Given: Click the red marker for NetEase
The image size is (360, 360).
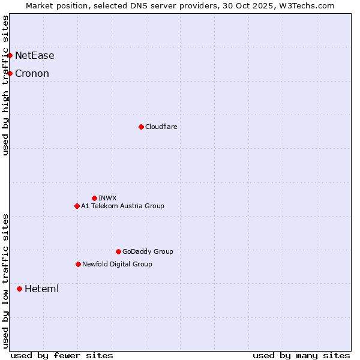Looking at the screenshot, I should [x=10, y=56].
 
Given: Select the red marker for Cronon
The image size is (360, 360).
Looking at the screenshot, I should [x=10, y=74].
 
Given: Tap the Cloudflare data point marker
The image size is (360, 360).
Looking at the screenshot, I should [x=141, y=127].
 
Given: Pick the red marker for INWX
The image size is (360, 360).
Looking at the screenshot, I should [x=94, y=198].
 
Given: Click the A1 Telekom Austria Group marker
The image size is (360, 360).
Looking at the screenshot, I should [x=77, y=206].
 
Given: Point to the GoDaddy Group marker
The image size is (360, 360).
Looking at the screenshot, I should [x=118, y=251].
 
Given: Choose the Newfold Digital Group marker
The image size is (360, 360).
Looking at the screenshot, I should [x=78, y=264].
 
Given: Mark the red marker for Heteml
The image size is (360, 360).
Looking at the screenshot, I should [x=20, y=289].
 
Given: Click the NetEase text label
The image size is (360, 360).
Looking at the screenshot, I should [x=34, y=56].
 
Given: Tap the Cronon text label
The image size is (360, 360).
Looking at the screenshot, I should [x=32, y=74].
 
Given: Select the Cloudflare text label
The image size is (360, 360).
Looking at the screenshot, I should [x=161, y=127].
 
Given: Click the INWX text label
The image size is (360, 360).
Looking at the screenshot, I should [x=107, y=198].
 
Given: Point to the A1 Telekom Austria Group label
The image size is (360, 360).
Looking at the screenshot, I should [x=122, y=206].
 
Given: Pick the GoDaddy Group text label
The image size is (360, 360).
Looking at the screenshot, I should [x=148, y=251].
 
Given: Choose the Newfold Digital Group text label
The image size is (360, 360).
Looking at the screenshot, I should [x=117, y=264].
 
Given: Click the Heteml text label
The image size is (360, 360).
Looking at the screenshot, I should [x=41, y=289].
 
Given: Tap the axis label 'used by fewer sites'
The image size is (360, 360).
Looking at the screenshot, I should [x=62, y=355].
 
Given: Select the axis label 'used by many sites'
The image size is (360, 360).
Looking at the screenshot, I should [x=301, y=355].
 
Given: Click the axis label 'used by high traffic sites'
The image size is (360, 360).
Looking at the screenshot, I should [x=6, y=85].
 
